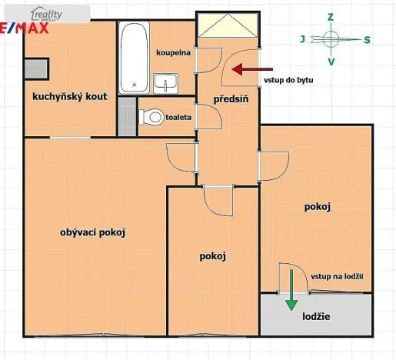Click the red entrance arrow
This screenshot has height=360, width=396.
click(245, 69)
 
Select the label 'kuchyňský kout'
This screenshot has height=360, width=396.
click(69, 98)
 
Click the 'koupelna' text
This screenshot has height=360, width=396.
click(173, 53)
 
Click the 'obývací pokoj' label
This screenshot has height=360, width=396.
click(92, 232)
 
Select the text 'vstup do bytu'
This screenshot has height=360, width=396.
click(288, 79)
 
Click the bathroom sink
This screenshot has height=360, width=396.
click(165, 82)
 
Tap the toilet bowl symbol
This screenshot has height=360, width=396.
click(149, 118)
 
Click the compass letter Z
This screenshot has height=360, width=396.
click(330, 16)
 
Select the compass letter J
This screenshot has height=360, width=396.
click(302, 38)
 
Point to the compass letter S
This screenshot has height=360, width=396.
click(367, 39)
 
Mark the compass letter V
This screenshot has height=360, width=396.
click(331, 62)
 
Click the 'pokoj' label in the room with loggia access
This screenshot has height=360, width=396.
click(318, 206)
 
